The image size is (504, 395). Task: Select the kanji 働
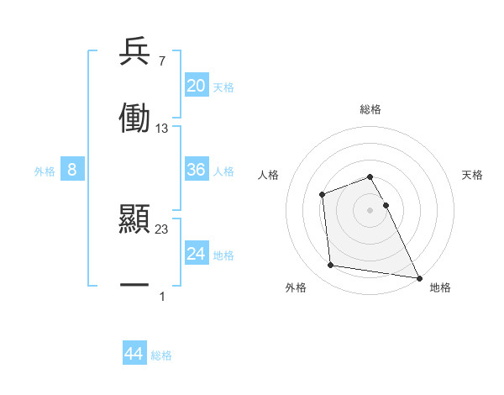(x=134, y=118)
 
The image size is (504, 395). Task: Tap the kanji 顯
(x=134, y=221)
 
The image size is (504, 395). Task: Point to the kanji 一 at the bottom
(x=134, y=286)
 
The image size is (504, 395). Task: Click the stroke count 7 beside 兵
(x=162, y=61)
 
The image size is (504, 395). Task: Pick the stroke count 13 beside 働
(x=162, y=128)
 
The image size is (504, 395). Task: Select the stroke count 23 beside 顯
(x=162, y=229)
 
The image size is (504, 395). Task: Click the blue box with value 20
(x=197, y=86)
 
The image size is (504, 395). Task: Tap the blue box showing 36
(x=197, y=170)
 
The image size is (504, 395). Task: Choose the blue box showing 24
(x=197, y=254)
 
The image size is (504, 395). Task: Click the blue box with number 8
(x=72, y=170)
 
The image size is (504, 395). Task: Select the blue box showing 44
(x=134, y=354)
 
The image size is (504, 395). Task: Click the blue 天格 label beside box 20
(x=223, y=87)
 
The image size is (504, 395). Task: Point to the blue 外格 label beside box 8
(x=45, y=171)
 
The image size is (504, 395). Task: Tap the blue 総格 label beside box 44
(x=161, y=355)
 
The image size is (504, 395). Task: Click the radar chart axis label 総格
(x=370, y=109)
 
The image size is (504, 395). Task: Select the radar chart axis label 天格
(x=473, y=175)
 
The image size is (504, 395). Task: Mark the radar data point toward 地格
(x=419, y=277)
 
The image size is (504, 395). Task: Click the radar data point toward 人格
(x=323, y=195)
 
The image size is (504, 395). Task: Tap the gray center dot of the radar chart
(x=370, y=209)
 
